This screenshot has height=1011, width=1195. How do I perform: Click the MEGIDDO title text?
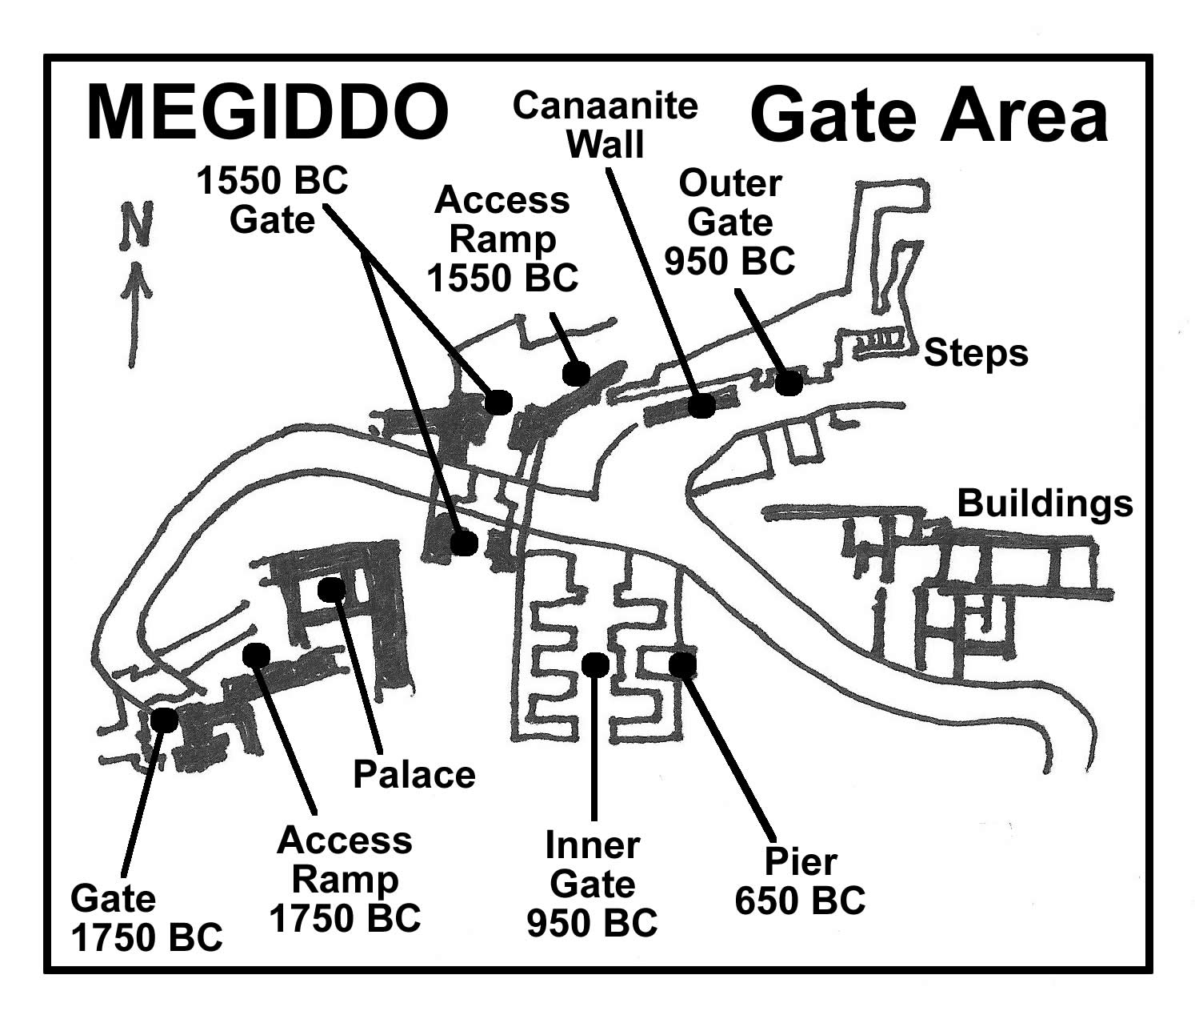point(266,113)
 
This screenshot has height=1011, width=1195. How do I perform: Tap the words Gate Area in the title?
point(929,116)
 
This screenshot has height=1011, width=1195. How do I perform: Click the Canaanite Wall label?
point(605,126)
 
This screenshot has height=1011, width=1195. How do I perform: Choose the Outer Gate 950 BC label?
point(729,222)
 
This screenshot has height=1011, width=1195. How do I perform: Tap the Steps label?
point(976,353)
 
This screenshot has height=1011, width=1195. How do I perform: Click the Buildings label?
point(1045,503)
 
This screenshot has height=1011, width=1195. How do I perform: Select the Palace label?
point(414,774)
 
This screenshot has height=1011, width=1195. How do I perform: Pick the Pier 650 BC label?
point(800,881)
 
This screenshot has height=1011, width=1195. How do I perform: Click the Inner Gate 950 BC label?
point(592,884)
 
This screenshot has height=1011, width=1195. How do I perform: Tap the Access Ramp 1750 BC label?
point(345,878)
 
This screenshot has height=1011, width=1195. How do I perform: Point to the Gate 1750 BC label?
point(146,917)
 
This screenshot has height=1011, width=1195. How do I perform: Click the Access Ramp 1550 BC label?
point(502,239)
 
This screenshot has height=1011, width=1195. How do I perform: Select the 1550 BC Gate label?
point(273,200)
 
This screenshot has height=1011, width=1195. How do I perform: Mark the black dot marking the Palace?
point(331,590)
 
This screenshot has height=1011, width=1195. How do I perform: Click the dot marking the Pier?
point(682,664)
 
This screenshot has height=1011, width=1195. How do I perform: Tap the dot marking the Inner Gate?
point(595,664)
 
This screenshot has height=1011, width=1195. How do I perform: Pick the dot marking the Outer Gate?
point(789,383)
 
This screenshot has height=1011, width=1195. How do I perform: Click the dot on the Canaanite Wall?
point(702,406)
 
